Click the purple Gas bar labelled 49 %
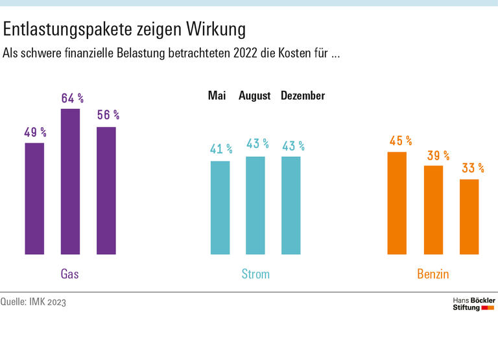coord(34,198)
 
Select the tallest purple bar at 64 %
coord(70,182)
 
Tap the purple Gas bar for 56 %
coord(106,191)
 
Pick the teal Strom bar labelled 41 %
coord(220,208)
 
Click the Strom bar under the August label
coord(255,206)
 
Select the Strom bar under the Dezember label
coord(291,206)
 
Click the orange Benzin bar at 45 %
coord(397,203)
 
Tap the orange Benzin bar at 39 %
coord(433,210)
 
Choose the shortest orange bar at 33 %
coord(469,217)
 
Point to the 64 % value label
coord(73,99)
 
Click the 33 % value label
coord(473,168)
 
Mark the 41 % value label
coord(221,149)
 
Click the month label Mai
coord(217,96)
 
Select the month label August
coord(255,96)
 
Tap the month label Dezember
coord(303,96)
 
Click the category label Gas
coord(69,274)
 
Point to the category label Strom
coord(255,274)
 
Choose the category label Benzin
coord(433,274)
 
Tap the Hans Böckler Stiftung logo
coord(473,304)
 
